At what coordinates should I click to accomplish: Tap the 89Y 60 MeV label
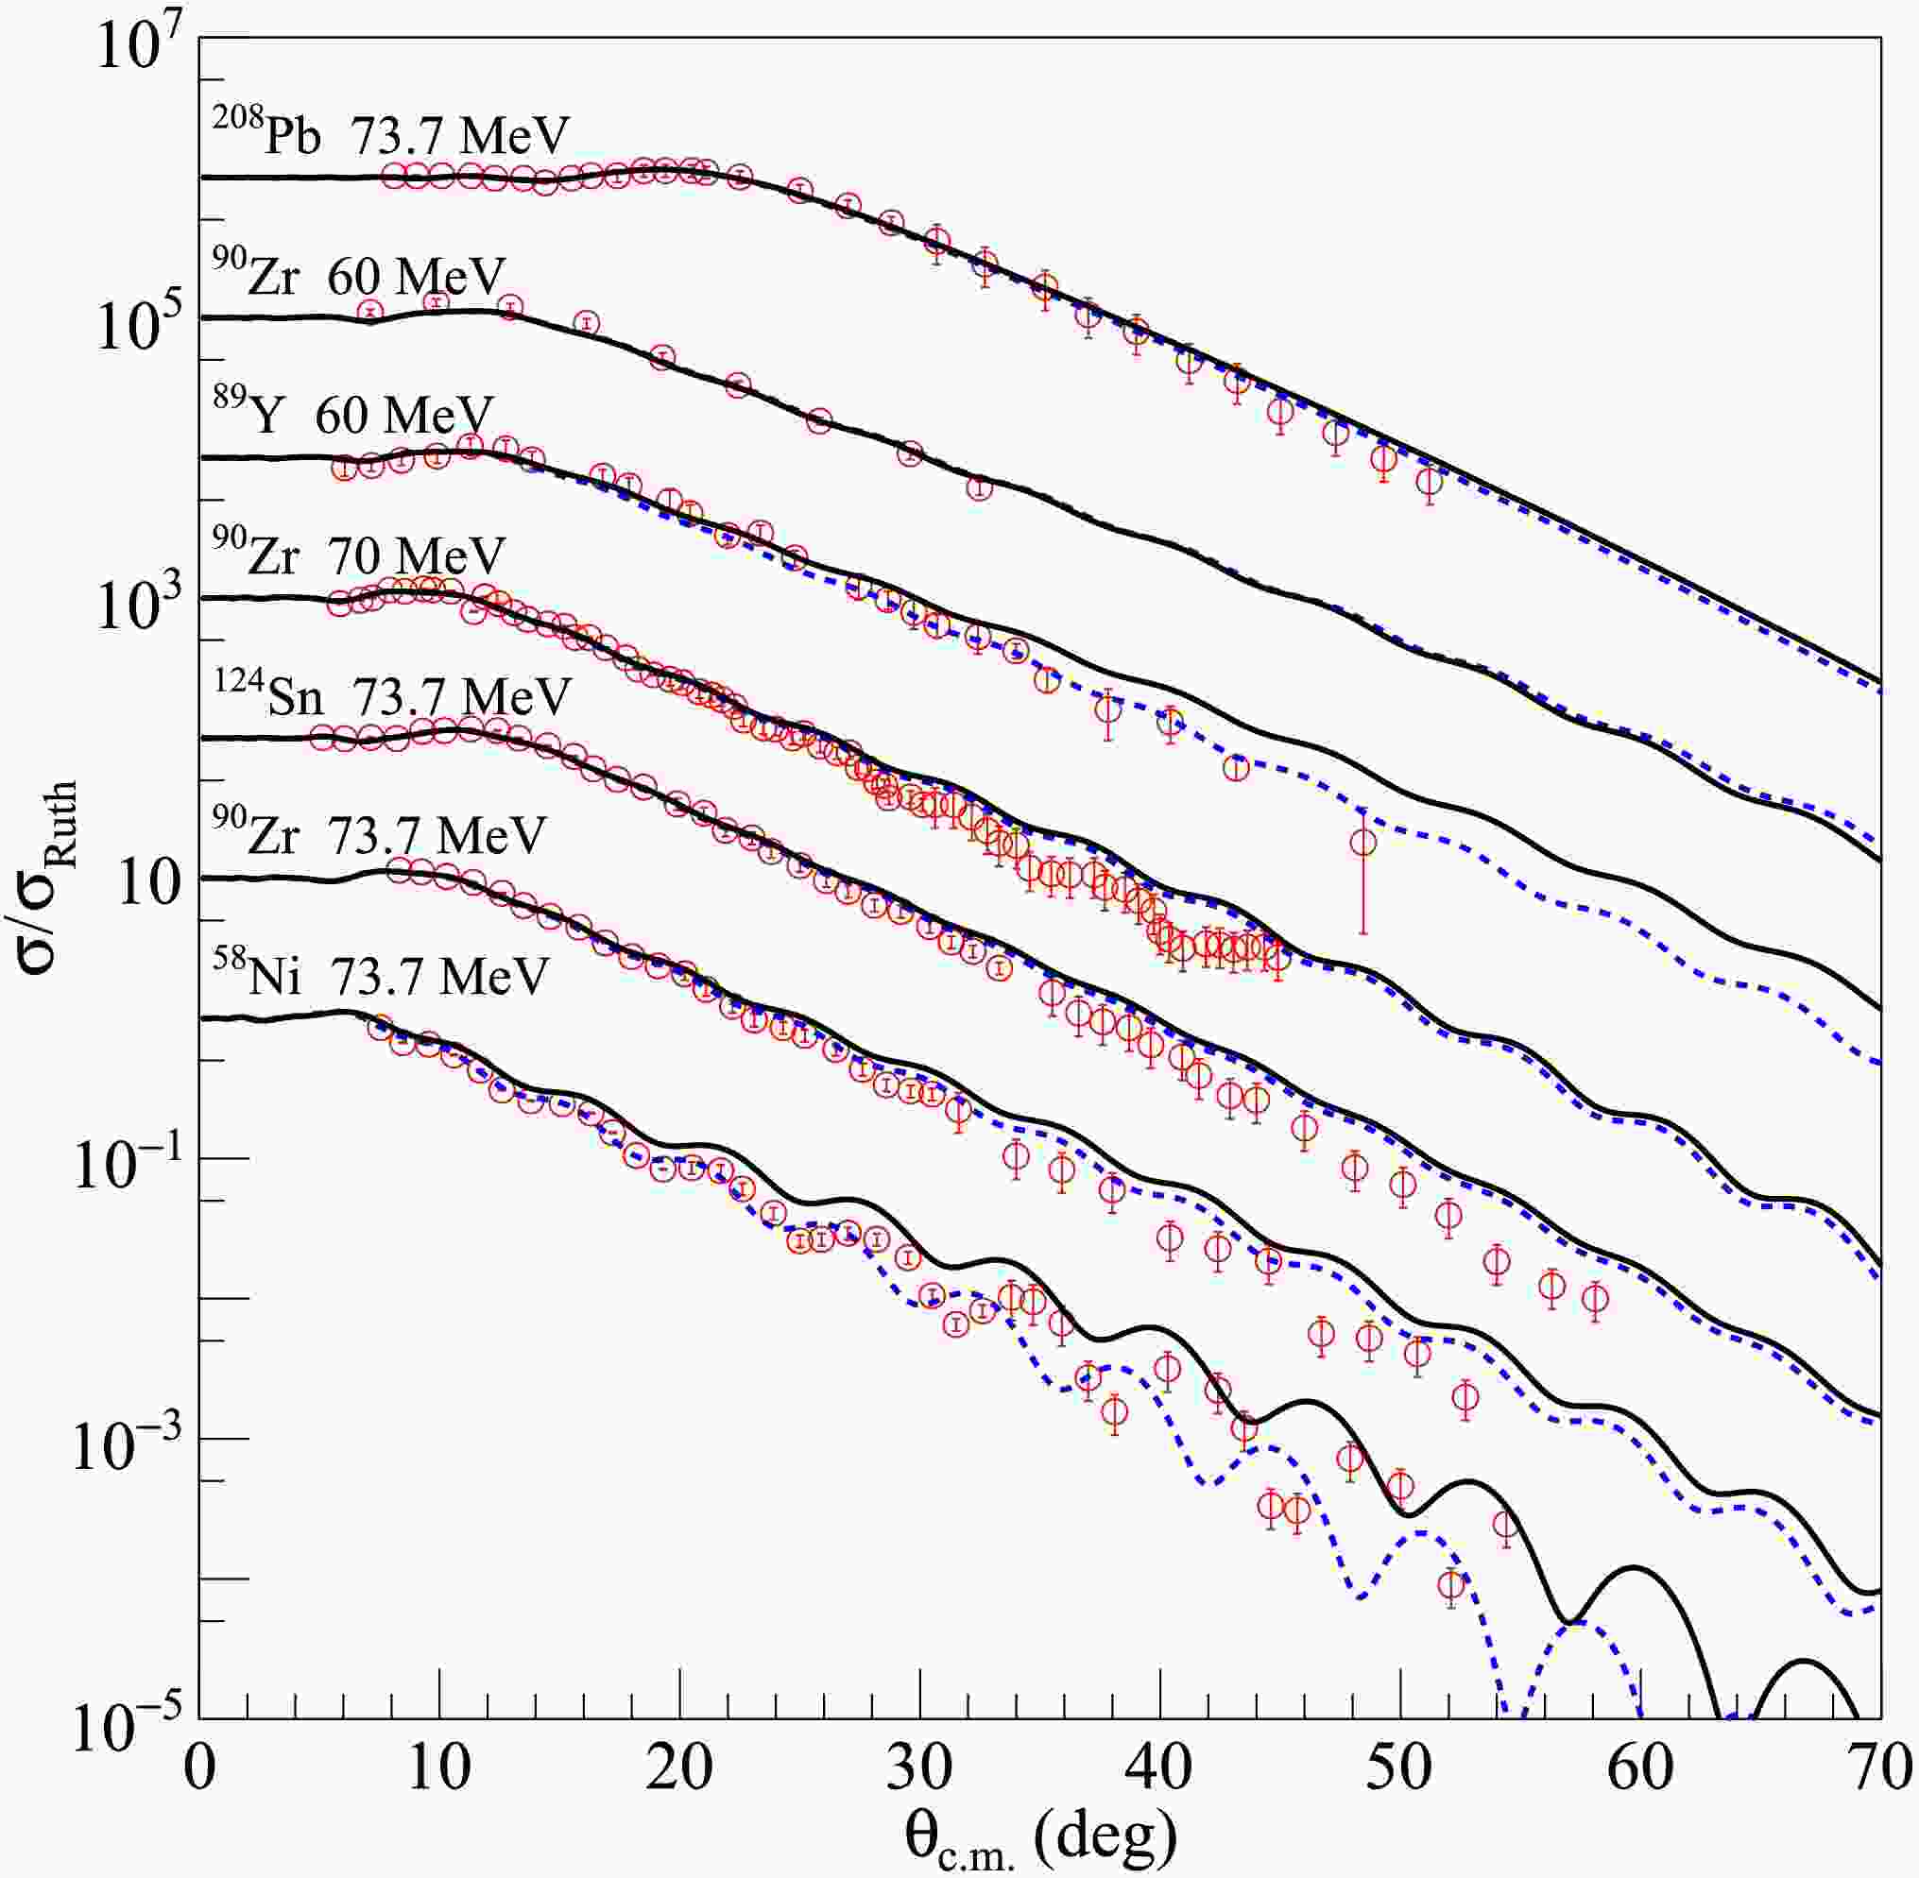click(354, 416)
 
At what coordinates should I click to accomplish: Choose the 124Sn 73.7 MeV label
click(392, 696)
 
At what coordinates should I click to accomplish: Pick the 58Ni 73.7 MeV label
click(381, 977)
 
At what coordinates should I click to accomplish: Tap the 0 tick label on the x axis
click(200, 1771)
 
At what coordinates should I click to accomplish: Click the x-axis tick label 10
click(440, 1771)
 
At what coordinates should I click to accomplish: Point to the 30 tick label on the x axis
click(920, 1771)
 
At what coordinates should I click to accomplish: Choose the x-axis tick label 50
click(1401, 1771)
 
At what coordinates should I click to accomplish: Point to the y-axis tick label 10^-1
click(124, 1164)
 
